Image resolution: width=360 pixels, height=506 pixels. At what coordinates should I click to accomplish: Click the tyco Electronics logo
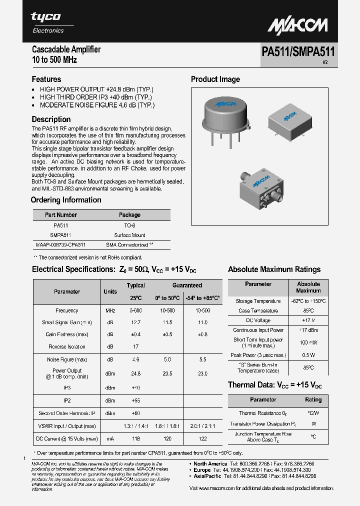[46, 22]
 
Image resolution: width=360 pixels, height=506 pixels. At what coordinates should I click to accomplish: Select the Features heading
[46, 79]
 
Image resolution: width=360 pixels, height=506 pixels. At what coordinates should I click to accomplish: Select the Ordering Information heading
[66, 200]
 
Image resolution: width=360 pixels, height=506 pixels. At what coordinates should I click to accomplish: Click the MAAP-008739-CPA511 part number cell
[61, 245]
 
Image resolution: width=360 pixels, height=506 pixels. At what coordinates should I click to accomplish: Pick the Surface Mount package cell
[129, 235]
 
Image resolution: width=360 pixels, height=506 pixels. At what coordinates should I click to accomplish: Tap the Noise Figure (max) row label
[67, 359]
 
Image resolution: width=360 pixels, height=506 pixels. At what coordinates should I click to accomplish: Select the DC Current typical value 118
[135, 438]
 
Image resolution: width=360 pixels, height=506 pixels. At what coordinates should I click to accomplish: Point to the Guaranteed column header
[187, 285]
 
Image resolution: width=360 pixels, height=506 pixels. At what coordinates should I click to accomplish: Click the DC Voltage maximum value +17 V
[308, 320]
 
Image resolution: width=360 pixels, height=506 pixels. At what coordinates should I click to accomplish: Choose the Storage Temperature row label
[258, 301]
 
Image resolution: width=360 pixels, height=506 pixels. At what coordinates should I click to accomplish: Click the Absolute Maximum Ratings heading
[274, 269]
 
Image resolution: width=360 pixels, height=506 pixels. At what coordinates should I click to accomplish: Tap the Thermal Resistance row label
[258, 413]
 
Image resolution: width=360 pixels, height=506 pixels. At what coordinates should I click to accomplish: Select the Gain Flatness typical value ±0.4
[135, 334]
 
